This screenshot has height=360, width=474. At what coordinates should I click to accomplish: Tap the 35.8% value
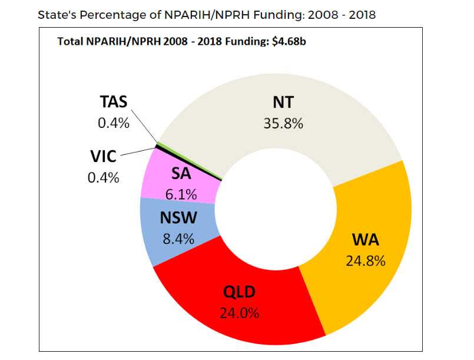point(283,123)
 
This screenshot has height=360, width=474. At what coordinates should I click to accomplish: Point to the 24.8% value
point(365,260)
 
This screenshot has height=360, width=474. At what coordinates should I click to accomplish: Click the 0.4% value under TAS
point(113,124)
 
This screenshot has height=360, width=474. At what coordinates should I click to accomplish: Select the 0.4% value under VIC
point(103,177)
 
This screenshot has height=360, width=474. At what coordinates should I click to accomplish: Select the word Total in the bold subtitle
point(70,41)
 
